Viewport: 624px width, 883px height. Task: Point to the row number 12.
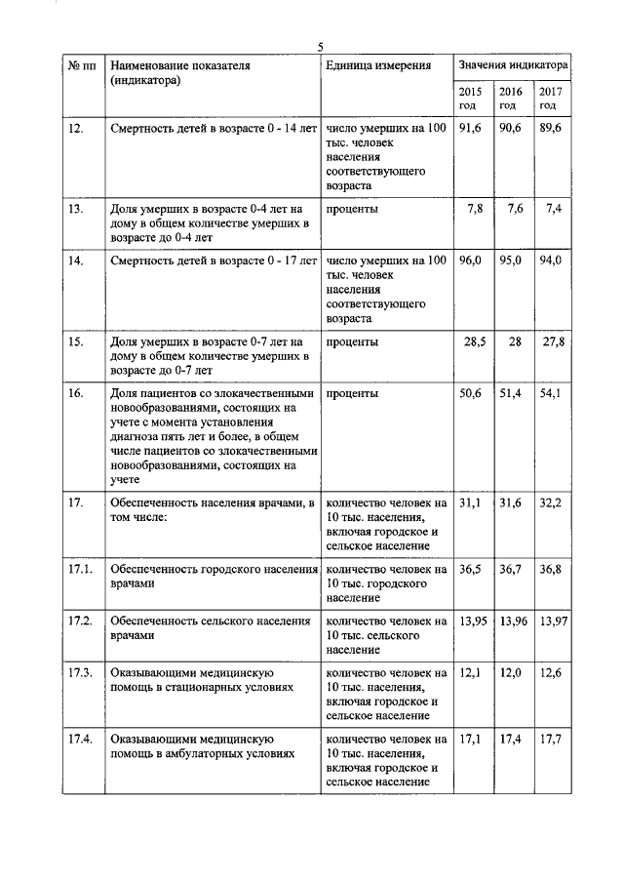point(76,128)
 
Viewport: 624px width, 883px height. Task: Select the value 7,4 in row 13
point(555,209)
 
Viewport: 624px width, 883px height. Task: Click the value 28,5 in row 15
point(473,341)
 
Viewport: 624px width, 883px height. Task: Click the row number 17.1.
point(80,569)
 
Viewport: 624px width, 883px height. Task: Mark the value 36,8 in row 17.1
point(551,569)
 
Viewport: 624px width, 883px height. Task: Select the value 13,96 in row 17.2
point(513,622)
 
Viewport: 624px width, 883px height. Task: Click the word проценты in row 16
point(353,393)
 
